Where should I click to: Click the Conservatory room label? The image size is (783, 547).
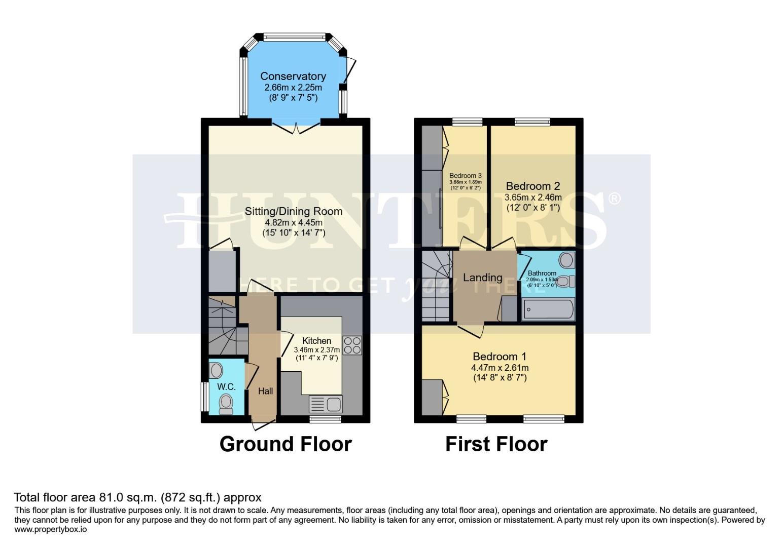[293, 76]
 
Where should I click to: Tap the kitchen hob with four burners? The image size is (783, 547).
[352, 345]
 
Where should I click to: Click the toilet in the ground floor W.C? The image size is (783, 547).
[226, 404]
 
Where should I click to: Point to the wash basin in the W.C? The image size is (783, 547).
[217, 371]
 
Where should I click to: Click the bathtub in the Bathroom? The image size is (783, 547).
[548, 308]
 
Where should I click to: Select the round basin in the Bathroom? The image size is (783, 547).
[566, 260]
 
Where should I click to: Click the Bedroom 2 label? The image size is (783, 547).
[533, 186]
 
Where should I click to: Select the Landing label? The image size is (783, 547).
[482, 278]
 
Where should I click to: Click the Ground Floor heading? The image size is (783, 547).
[285, 444]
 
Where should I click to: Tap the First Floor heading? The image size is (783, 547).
[496, 444]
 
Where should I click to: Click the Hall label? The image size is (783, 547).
[265, 391]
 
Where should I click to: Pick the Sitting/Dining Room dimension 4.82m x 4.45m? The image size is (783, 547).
[294, 222]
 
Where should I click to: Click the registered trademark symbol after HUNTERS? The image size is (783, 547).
[614, 198]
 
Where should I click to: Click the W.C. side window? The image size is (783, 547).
[204, 397]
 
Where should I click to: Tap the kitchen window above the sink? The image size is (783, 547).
[325, 419]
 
